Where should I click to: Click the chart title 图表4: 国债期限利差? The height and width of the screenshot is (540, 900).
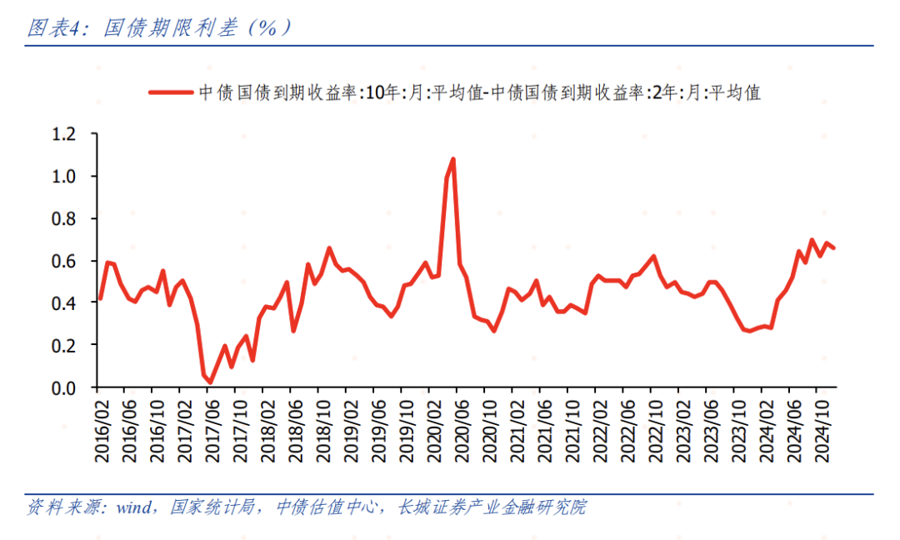click(x=158, y=28)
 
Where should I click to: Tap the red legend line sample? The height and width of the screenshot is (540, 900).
click(x=171, y=92)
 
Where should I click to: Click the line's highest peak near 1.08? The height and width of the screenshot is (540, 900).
click(x=452, y=158)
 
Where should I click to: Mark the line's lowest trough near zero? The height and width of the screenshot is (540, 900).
click(x=210, y=383)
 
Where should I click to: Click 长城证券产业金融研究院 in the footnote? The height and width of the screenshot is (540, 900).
click(x=492, y=507)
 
